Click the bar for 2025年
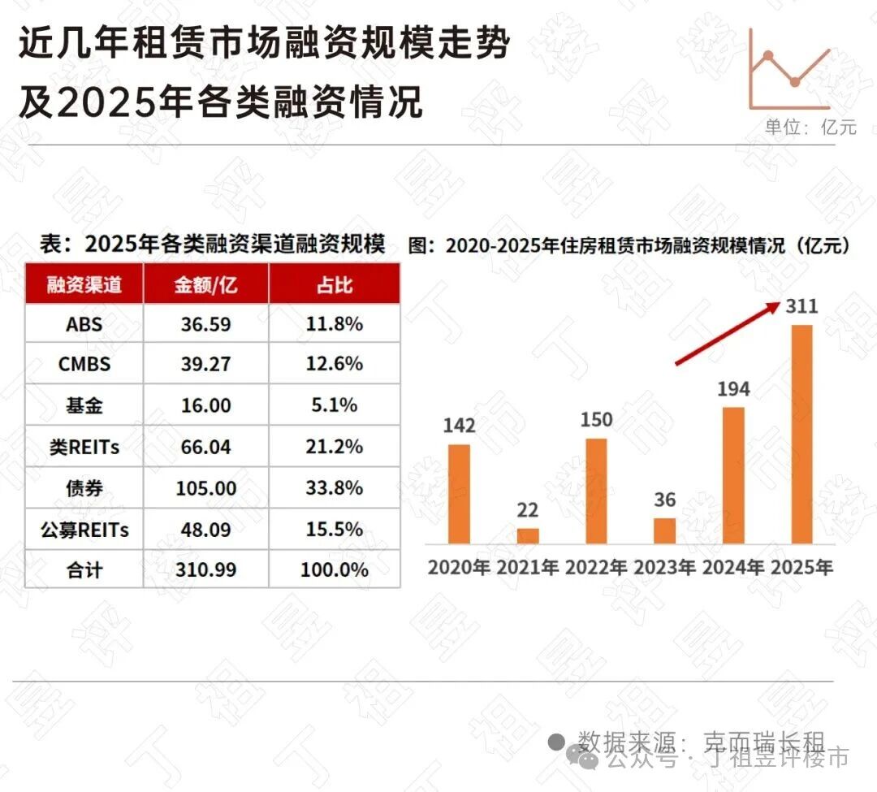click(x=801, y=434)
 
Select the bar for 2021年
click(x=528, y=535)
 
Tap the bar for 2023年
click(x=664, y=530)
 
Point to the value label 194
click(x=733, y=388)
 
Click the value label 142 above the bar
click(x=459, y=426)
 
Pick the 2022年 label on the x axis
click(x=596, y=567)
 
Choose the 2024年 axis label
click(x=733, y=567)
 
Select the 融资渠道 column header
click(x=84, y=284)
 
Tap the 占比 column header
click(x=334, y=284)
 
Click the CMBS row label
click(x=84, y=364)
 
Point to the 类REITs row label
click(x=84, y=447)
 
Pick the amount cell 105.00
click(x=205, y=488)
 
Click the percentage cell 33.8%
click(x=334, y=488)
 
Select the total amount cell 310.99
click(x=205, y=570)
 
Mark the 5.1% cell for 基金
click(x=334, y=405)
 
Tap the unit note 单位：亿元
click(x=810, y=128)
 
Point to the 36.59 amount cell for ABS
click(x=205, y=323)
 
